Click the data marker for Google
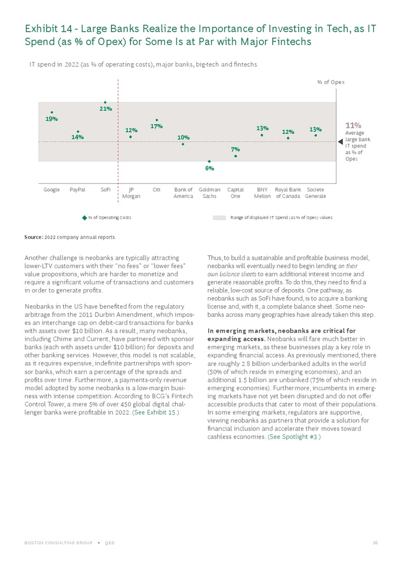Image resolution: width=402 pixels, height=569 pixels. coord(52,113)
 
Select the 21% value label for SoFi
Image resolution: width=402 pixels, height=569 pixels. coord(106,108)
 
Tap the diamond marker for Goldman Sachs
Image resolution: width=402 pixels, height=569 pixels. coord(210,162)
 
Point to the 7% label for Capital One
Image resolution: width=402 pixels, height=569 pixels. coord(235,149)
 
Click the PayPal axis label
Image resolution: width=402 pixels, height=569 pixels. coord(78,190)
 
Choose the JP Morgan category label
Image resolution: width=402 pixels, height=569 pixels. coord(131,193)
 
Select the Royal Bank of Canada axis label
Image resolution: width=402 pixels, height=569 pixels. coord(288,193)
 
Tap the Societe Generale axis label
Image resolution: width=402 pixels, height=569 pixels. coord(315,193)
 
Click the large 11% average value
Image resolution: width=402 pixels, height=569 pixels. coord(353,125)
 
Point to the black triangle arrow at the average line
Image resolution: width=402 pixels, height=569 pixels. coord(340,141)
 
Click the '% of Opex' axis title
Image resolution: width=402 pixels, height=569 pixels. coord(331,82)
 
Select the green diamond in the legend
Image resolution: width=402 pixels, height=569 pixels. coord(84,218)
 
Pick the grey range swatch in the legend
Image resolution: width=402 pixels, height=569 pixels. coord(219,218)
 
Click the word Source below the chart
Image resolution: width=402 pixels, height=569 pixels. coord(33,237)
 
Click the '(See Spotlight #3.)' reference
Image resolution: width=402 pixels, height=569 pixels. coord(294,437)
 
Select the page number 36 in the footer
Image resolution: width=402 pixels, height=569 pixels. coord(375,543)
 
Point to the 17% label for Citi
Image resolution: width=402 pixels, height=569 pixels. coord(156,126)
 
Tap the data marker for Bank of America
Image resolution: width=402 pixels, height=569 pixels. coord(183,144)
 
